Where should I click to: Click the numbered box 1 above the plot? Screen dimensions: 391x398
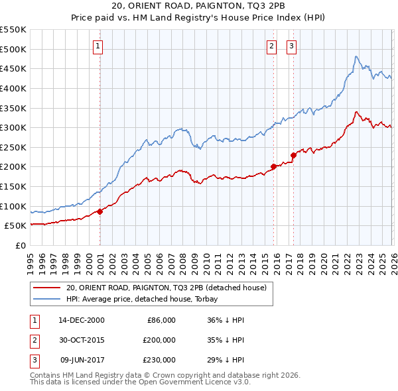[x=98, y=46]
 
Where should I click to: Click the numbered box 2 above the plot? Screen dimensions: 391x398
[x=272, y=46]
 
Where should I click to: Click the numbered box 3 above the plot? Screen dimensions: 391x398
[x=291, y=46]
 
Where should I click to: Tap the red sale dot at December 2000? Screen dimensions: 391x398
[x=100, y=211]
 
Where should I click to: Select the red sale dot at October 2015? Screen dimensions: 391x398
[x=273, y=167]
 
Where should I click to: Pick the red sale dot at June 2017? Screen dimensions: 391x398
[x=293, y=155]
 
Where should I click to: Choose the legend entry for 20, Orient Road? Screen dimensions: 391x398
[x=166, y=288]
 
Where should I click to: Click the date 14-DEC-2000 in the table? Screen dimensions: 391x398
[x=81, y=320]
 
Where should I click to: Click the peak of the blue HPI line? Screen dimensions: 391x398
[x=356, y=56]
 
